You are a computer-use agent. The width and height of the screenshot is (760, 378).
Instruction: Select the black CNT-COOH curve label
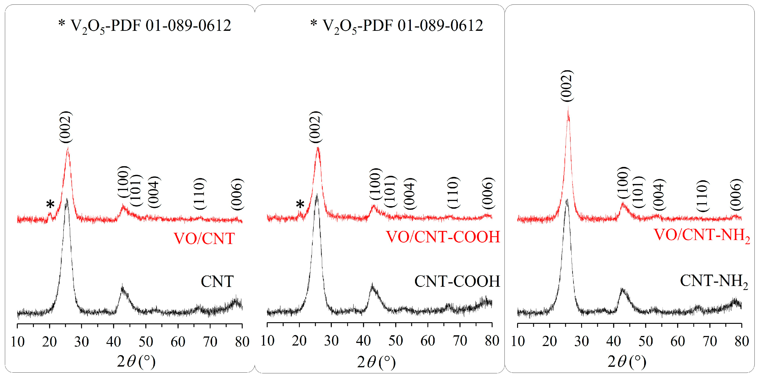pos(457,281)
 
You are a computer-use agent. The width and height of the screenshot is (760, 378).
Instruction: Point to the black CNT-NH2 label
pos(713,281)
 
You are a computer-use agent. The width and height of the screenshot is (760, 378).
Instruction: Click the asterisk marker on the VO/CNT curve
pos(50,204)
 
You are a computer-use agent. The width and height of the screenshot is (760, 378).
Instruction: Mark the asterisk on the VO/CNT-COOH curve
pos(300,204)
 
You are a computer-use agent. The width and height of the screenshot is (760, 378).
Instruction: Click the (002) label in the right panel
pos(567,86)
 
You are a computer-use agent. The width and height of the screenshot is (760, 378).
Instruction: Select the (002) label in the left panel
pos(65,127)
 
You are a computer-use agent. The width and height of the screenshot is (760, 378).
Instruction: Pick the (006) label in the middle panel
pos(487,193)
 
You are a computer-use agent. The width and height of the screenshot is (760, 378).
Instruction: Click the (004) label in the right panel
pos(659,194)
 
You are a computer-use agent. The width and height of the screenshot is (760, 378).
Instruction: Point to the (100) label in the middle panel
pos(376,184)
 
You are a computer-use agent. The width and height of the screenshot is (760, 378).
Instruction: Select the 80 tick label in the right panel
pos(741,341)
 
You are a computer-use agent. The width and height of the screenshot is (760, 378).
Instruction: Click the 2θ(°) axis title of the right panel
pos(627,361)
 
